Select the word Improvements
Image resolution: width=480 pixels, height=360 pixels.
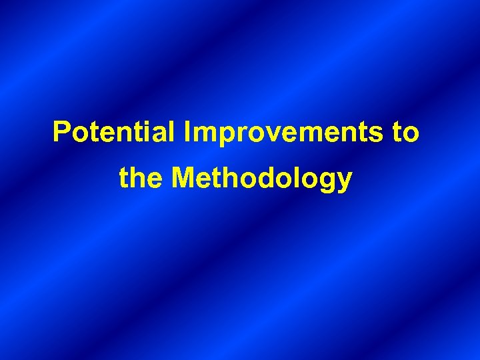[281, 133]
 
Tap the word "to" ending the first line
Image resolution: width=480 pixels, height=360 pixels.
[405, 132]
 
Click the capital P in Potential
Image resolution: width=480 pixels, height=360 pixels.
[61, 132]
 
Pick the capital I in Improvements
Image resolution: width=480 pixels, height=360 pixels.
[189, 132]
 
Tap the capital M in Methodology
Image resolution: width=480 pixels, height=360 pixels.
[183, 178]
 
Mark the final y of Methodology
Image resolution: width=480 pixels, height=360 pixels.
[344, 182]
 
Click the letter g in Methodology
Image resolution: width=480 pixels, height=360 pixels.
[326, 182]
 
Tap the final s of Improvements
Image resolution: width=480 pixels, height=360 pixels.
[377, 134]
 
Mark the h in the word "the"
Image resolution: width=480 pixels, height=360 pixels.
[141, 178]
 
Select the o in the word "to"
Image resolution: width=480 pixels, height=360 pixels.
[411, 134]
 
